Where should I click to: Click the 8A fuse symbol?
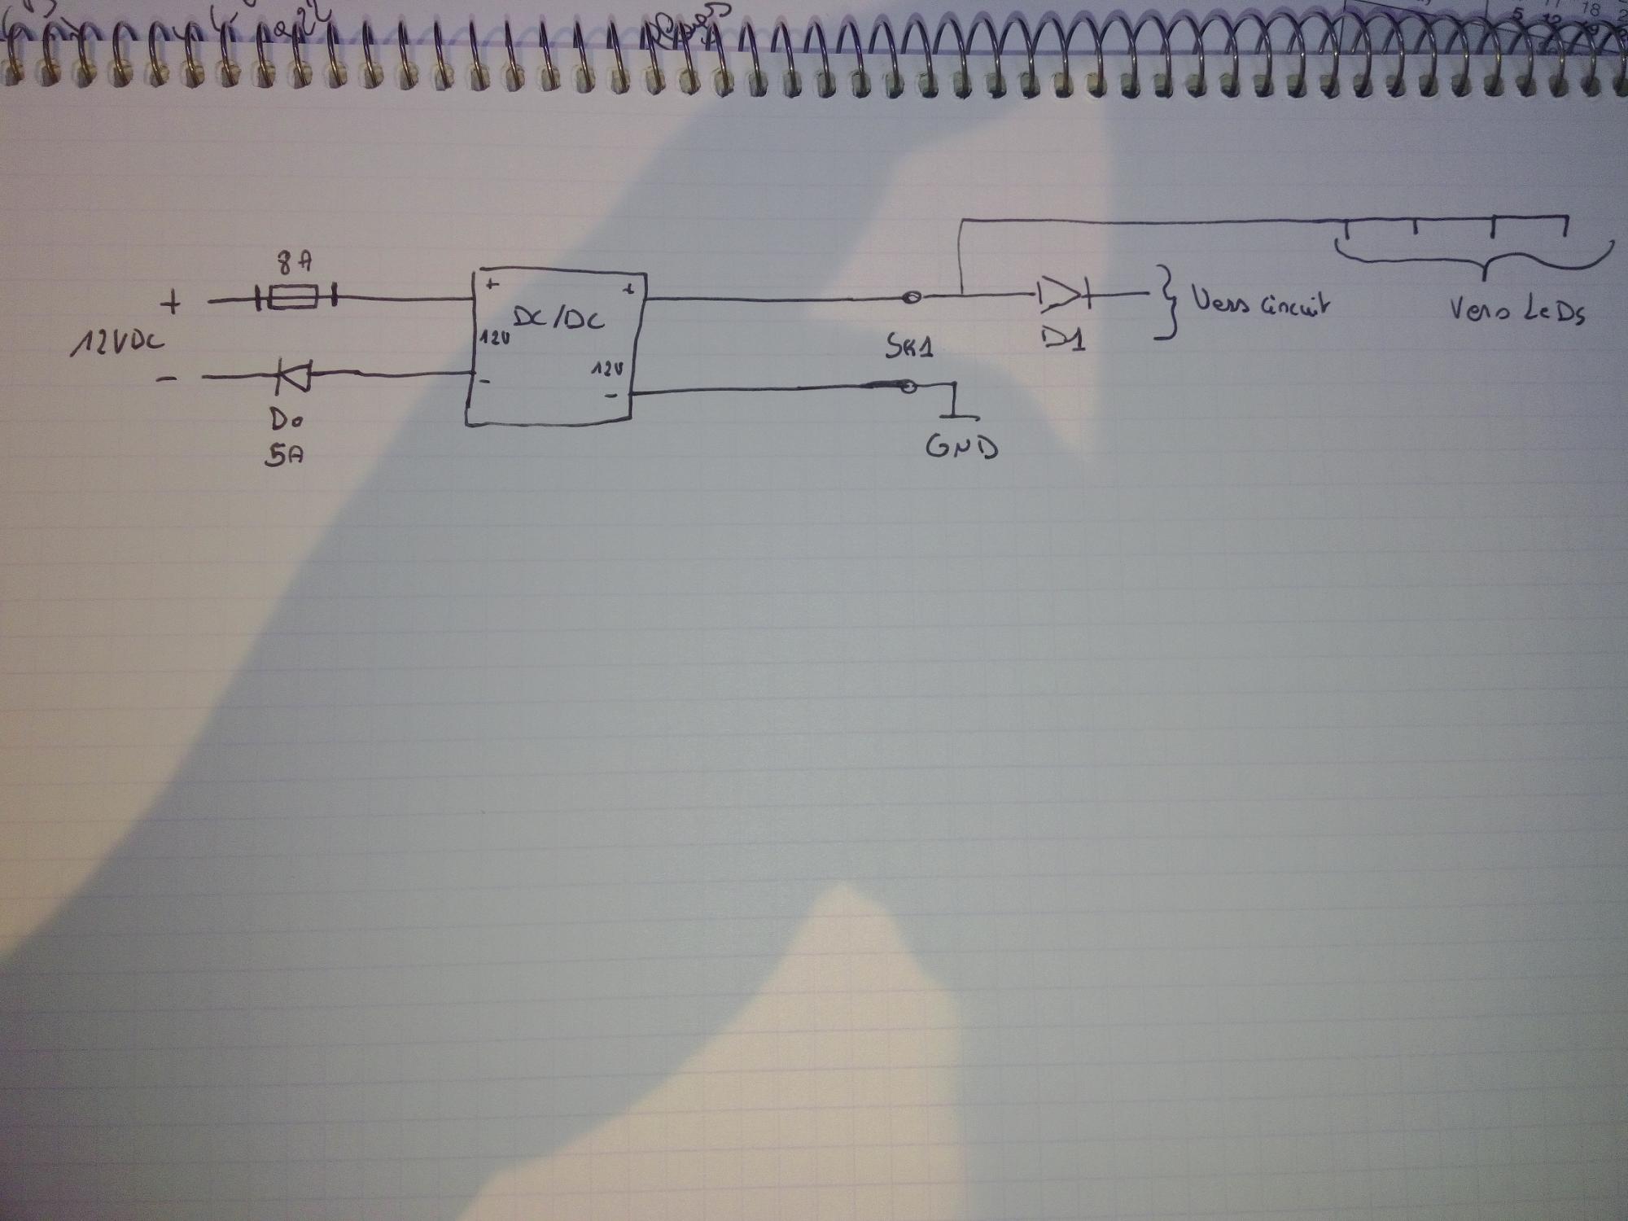(x=293, y=300)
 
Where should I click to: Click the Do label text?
(x=286, y=421)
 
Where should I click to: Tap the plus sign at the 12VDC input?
(x=173, y=304)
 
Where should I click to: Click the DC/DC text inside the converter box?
(x=570, y=318)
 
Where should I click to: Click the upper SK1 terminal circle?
(x=913, y=298)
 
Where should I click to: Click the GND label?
(x=961, y=447)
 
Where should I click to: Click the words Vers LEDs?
(x=1517, y=310)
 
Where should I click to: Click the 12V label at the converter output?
(x=608, y=370)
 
